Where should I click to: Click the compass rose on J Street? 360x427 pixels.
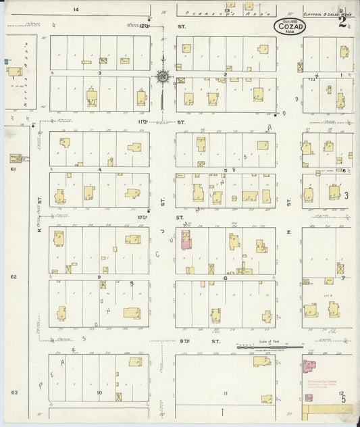[163, 78]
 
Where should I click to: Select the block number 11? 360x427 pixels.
[226, 393]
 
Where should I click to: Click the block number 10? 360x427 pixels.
[99, 393]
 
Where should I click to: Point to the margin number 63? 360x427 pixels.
[13, 391]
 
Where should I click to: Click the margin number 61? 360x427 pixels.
[13, 170]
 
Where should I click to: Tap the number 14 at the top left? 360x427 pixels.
[76, 9]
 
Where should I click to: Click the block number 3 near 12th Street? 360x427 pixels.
[99, 72]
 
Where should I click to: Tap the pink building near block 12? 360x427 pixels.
[310, 369]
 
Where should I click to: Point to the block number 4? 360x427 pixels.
[99, 170]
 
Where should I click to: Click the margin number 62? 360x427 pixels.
[13, 277]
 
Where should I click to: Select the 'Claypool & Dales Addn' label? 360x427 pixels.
[318, 13]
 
